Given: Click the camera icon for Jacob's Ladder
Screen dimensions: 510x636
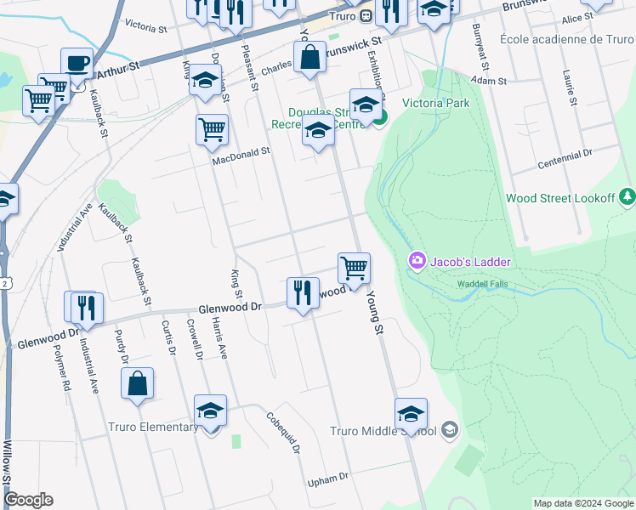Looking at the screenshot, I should [417, 260].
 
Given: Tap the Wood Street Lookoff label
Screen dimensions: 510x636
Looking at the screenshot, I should [559, 197].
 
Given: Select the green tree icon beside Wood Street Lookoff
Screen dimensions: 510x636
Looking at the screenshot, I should [627, 196].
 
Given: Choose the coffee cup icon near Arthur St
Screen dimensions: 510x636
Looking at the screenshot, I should [77, 63].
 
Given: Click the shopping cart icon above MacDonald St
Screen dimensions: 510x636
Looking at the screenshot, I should [212, 130].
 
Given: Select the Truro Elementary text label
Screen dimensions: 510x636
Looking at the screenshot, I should [152, 427].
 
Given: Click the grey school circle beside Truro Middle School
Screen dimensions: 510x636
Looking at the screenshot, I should [450, 431].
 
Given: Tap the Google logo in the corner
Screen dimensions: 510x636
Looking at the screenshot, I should [28, 500].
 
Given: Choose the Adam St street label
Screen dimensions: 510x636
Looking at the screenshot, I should [489, 81].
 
